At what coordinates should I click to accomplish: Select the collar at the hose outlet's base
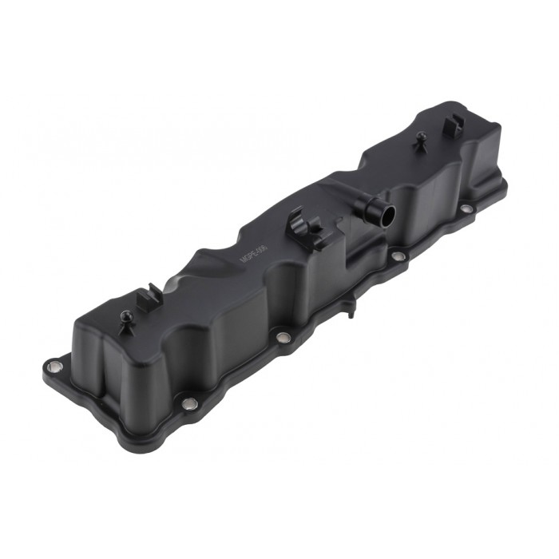(x=369, y=209)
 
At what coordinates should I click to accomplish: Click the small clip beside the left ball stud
(x=149, y=299)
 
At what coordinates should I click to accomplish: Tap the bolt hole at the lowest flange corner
(x=188, y=404)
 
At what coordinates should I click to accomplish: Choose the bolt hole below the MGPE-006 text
(x=282, y=337)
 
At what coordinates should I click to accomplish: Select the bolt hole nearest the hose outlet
(x=397, y=256)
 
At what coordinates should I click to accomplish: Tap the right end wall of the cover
(x=487, y=160)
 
